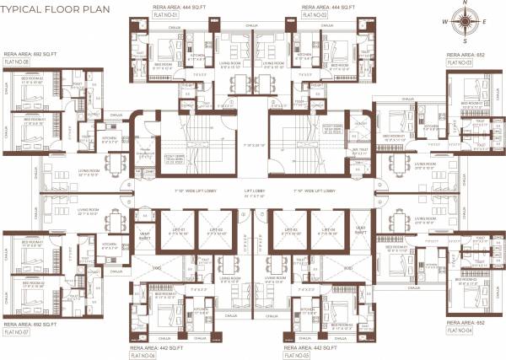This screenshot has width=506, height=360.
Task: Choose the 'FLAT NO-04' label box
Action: coord(462,331)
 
